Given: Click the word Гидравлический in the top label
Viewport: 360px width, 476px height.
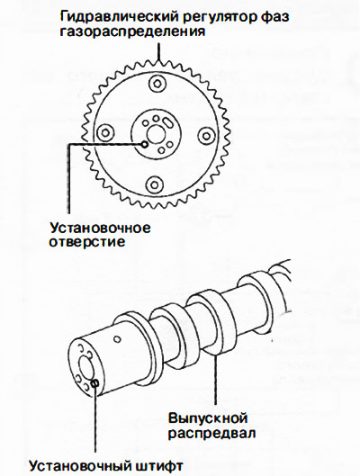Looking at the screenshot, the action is point(118,17).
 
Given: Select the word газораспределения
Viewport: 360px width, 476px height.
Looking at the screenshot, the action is point(132,31).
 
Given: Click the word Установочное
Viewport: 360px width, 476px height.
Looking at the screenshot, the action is point(100,228).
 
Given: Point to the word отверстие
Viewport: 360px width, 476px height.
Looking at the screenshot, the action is point(87,242).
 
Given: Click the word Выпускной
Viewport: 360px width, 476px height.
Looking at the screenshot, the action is point(208,418).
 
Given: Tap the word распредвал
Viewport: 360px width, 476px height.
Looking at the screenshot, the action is point(211,433).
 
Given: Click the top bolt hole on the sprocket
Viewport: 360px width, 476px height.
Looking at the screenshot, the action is point(157,84).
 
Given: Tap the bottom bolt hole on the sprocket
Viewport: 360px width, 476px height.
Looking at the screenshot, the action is point(155,184).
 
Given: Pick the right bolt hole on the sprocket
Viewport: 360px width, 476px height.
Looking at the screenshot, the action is point(208,135).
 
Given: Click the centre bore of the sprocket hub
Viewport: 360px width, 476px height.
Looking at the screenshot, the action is point(156,134).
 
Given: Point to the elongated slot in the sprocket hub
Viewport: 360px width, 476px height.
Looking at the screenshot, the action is point(167,124).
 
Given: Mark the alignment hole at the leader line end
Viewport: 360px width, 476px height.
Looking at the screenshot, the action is point(145,145).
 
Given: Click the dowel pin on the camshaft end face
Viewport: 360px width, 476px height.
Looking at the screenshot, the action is point(95,383).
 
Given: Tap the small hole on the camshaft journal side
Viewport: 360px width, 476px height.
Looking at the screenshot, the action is point(117,339).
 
